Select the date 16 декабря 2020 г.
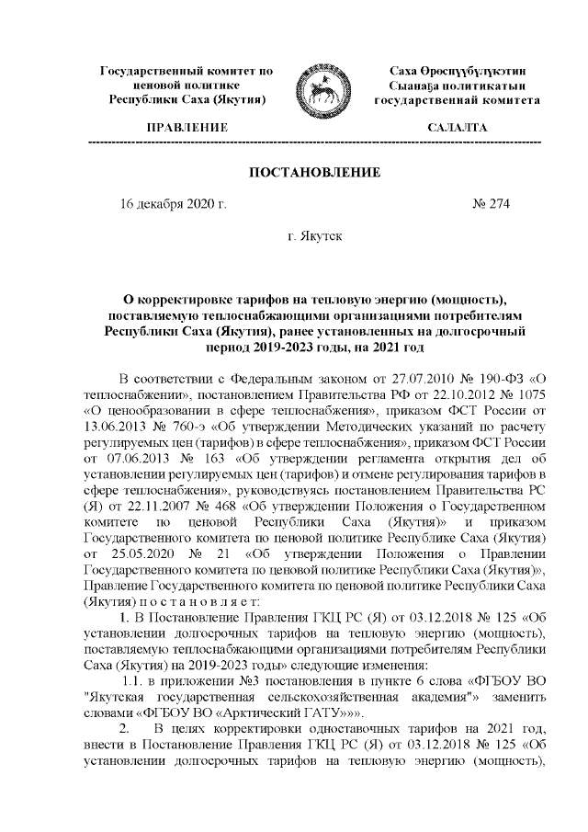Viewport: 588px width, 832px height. [174, 204]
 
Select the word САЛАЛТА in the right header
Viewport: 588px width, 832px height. [457, 128]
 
